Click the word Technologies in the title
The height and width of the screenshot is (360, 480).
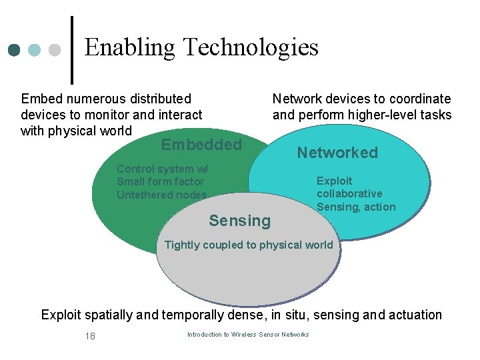pyautogui.click(x=250, y=47)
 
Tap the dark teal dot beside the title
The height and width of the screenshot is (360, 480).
pyautogui.click(x=14, y=50)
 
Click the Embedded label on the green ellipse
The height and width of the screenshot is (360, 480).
pyautogui.click(x=201, y=145)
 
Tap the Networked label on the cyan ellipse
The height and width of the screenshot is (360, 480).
pyautogui.click(x=337, y=153)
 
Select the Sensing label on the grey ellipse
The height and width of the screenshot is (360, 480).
pyautogui.click(x=240, y=221)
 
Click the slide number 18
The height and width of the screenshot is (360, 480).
pyautogui.click(x=90, y=336)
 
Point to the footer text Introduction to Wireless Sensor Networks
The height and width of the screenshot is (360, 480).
pyautogui.click(x=248, y=335)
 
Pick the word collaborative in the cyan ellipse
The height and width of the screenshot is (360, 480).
pyautogui.click(x=349, y=194)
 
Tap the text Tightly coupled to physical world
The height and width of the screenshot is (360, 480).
pyautogui.click(x=249, y=245)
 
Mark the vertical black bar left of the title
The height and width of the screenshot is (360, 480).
pyautogui.click(x=71, y=46)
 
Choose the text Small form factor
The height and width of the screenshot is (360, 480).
pyautogui.click(x=160, y=181)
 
